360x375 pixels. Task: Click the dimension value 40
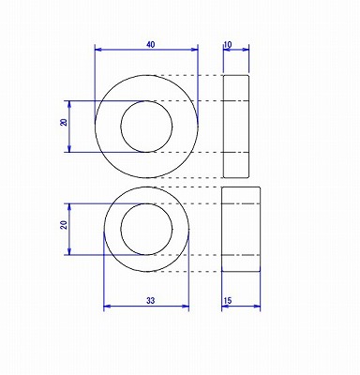point(150,44)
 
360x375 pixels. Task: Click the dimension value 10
point(228,44)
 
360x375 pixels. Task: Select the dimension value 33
point(150,301)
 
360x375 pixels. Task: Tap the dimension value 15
point(228,301)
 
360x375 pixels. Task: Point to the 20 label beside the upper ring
point(64,122)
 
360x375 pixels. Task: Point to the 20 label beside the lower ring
point(64,224)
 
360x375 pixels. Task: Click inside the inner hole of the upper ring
point(146,127)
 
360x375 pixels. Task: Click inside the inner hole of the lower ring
point(146,229)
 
